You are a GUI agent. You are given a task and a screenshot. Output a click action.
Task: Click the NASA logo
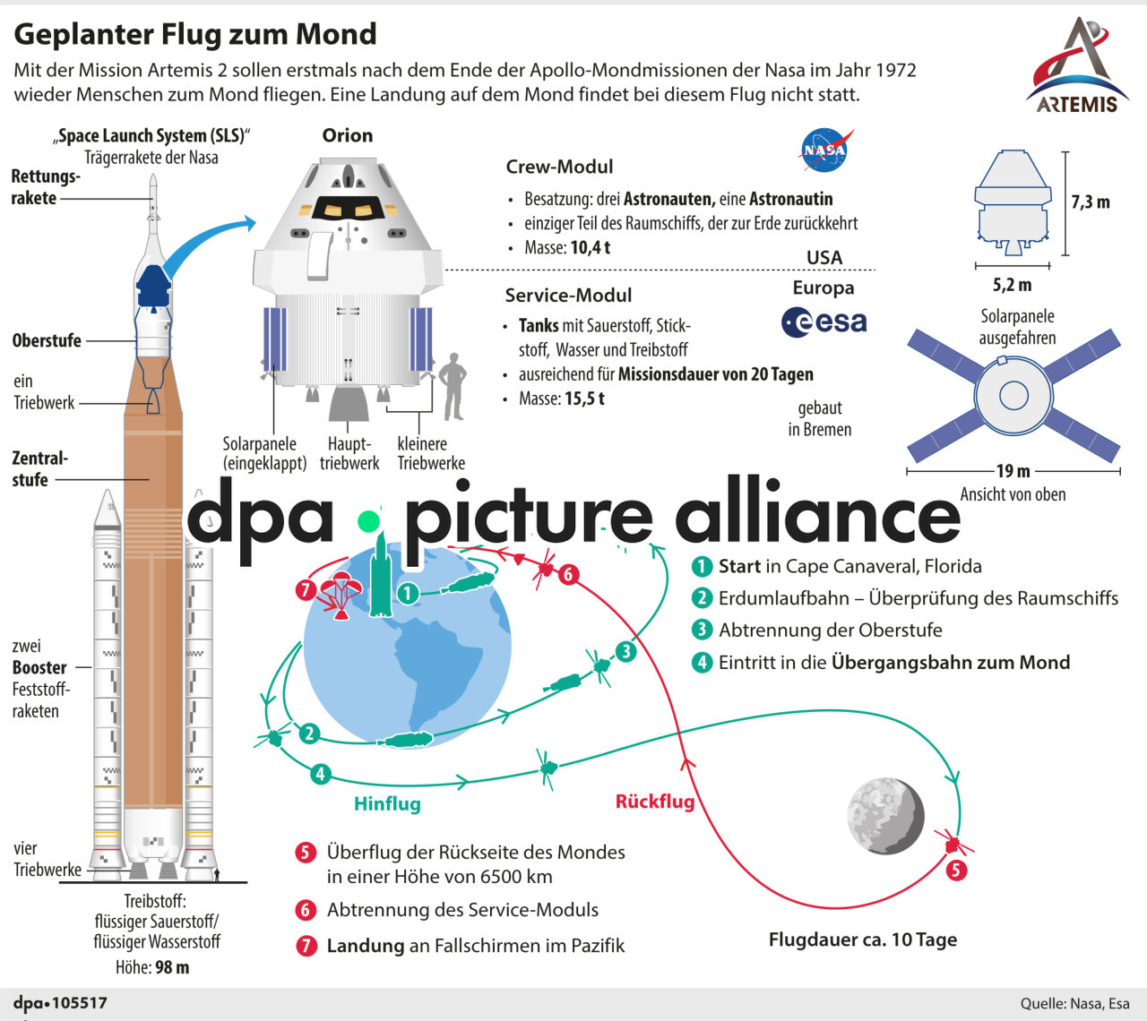click(x=824, y=150)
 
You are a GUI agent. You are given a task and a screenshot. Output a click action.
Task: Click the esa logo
click(x=824, y=322)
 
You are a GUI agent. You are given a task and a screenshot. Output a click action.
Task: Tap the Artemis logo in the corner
click(x=1077, y=66)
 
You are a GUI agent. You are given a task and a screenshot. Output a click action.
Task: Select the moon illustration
click(x=885, y=816)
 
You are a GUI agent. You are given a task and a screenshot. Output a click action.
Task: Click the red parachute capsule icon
click(x=341, y=595)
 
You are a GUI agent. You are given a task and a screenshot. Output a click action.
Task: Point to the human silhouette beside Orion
click(x=454, y=386)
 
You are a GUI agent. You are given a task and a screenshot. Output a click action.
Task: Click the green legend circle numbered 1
click(x=702, y=567)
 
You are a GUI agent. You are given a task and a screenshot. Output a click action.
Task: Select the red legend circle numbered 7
click(x=306, y=946)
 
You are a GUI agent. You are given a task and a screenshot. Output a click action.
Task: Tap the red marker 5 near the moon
click(x=956, y=870)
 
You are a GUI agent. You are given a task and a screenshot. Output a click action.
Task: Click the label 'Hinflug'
click(x=387, y=803)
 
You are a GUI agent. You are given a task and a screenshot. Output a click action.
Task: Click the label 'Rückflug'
click(x=655, y=801)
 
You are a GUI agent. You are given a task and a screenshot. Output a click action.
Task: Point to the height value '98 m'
click(x=171, y=967)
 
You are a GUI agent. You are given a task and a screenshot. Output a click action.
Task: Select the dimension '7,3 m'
click(x=1091, y=202)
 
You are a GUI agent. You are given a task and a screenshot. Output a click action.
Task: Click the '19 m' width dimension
click(x=1013, y=470)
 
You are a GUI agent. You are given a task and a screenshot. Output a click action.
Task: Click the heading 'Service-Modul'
click(x=568, y=296)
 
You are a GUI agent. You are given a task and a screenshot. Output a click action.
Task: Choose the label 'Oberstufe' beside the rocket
click(x=47, y=340)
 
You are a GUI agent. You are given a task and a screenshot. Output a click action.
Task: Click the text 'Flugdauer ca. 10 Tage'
click(x=862, y=939)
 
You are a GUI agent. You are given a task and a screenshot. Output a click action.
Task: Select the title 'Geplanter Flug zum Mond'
click(x=195, y=34)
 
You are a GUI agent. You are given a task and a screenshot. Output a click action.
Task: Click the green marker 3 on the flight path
click(x=625, y=651)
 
